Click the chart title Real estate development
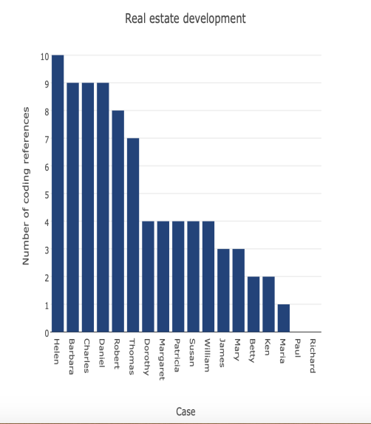[x=185, y=18]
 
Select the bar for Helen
[x=58, y=194]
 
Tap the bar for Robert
[x=118, y=221]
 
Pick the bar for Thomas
[x=133, y=235]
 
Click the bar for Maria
[x=283, y=318]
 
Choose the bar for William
[x=208, y=276]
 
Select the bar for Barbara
[x=72, y=208]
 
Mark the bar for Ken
[x=268, y=304]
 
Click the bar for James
[x=223, y=290]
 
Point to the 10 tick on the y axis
[x=45, y=56]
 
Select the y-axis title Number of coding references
[x=26, y=185]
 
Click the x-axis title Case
[x=185, y=411]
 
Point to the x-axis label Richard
[x=313, y=355]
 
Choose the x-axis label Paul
[x=298, y=349]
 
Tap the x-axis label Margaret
[x=163, y=359]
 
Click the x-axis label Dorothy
[x=148, y=356]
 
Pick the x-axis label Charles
[x=87, y=355]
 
